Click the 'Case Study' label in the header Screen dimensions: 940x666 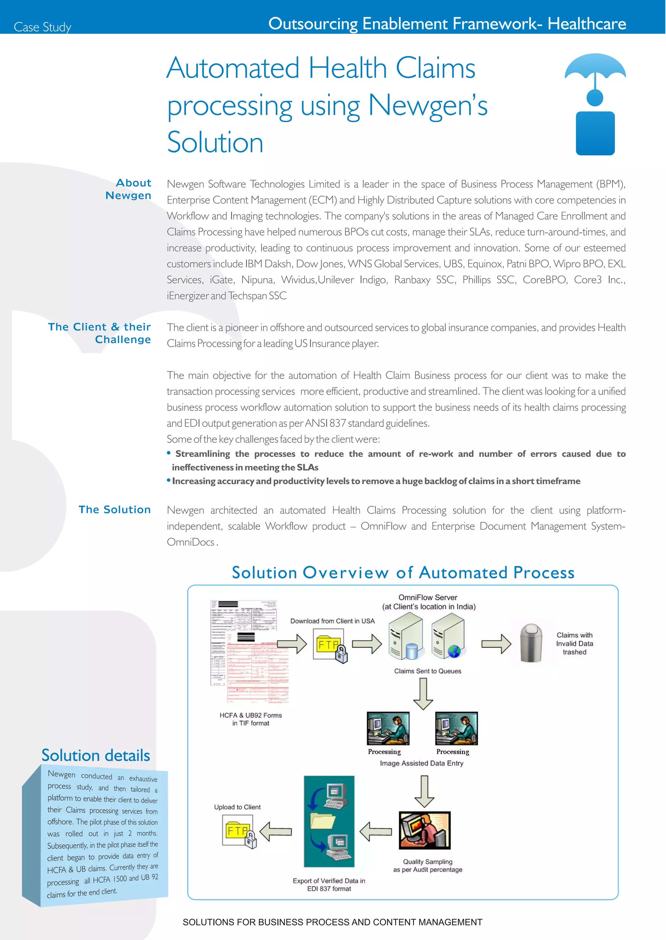(x=43, y=27)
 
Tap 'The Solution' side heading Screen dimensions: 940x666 (x=115, y=509)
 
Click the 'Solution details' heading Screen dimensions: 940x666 (x=96, y=755)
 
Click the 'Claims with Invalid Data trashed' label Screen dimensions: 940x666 (x=574, y=643)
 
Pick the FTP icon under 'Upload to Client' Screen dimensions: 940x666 (x=239, y=831)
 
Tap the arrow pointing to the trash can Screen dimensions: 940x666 (x=496, y=644)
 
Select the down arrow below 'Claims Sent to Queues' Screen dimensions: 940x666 (x=423, y=693)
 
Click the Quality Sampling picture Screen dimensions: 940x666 (x=424, y=830)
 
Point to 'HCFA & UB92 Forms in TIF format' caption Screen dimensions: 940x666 (x=251, y=719)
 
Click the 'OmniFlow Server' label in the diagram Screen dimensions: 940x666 (x=428, y=598)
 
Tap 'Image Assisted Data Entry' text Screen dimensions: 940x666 (x=421, y=763)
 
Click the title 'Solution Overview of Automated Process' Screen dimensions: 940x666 (x=403, y=573)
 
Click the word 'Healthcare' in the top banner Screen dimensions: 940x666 (x=587, y=24)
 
